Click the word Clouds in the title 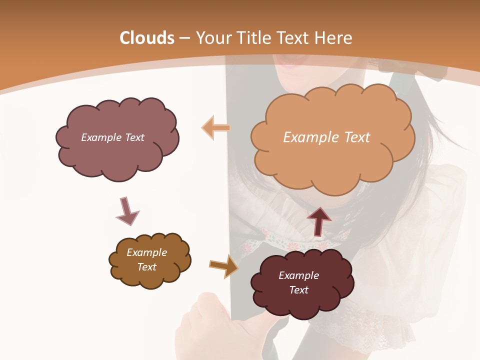tap(147, 38)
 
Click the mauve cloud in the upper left tap(117, 150)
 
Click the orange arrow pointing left tap(216, 128)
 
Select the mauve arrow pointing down tap(127, 211)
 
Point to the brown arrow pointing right tap(223, 266)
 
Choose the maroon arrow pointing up tap(319, 220)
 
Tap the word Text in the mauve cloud tap(133, 137)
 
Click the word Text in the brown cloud tap(147, 267)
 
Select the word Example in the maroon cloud tap(298, 275)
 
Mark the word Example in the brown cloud tap(147, 252)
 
